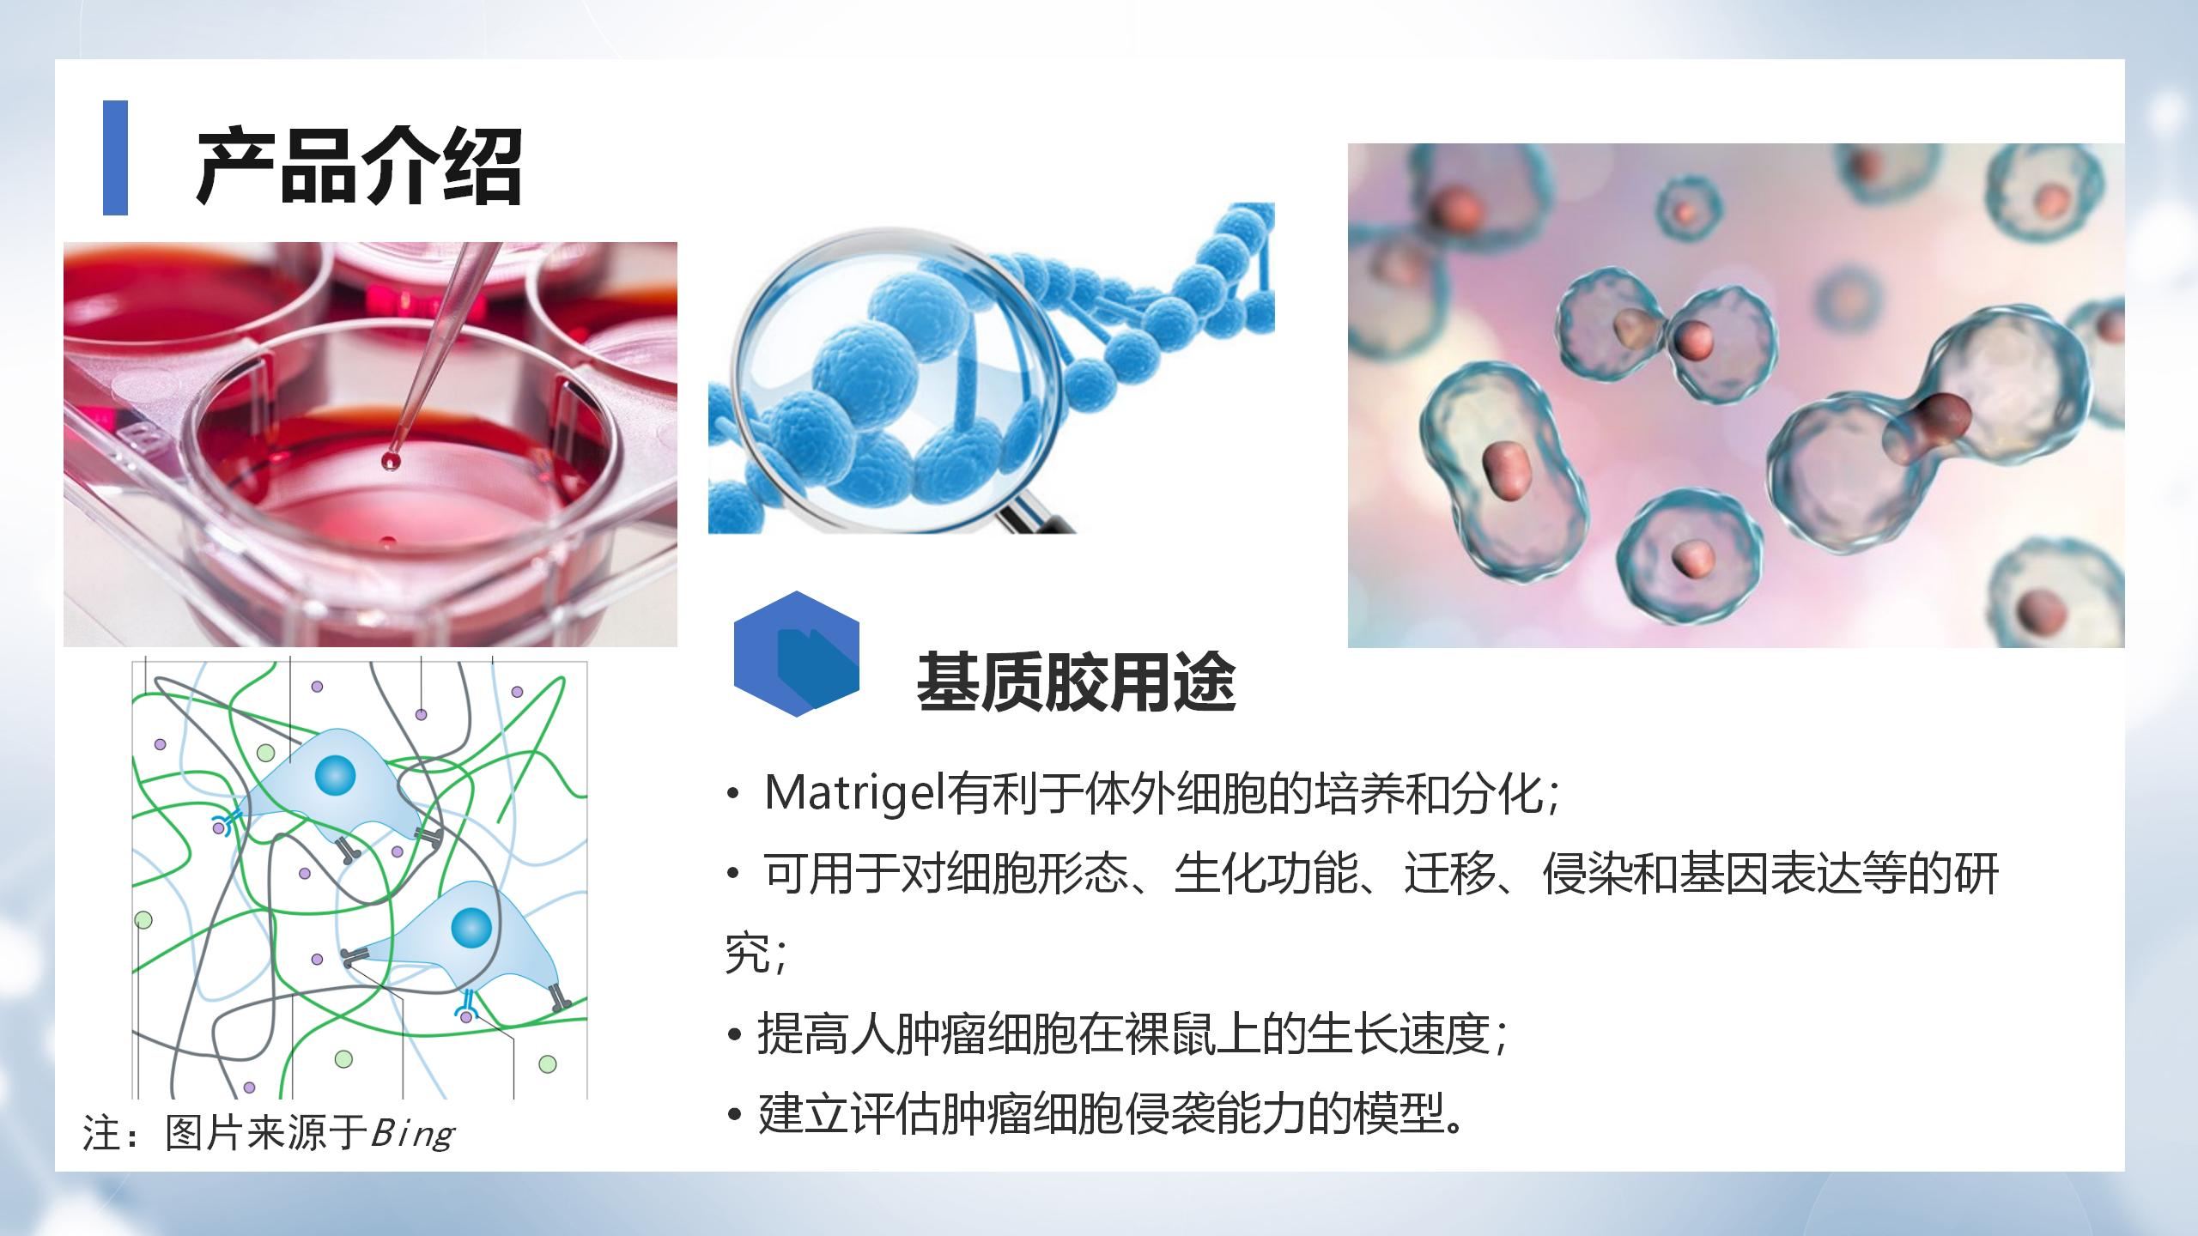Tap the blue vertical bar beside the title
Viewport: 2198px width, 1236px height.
(115, 158)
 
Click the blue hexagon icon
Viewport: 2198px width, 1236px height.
(797, 653)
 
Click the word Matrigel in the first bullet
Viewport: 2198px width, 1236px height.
(855, 793)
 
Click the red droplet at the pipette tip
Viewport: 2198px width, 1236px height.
(392, 461)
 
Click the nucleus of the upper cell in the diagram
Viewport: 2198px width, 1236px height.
(335, 776)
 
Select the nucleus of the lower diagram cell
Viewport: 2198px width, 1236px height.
(471, 927)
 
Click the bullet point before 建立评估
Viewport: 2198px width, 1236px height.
(734, 1115)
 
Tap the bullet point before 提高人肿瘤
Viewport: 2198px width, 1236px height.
(734, 1034)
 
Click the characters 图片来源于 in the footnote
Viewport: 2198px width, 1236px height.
(267, 1133)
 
